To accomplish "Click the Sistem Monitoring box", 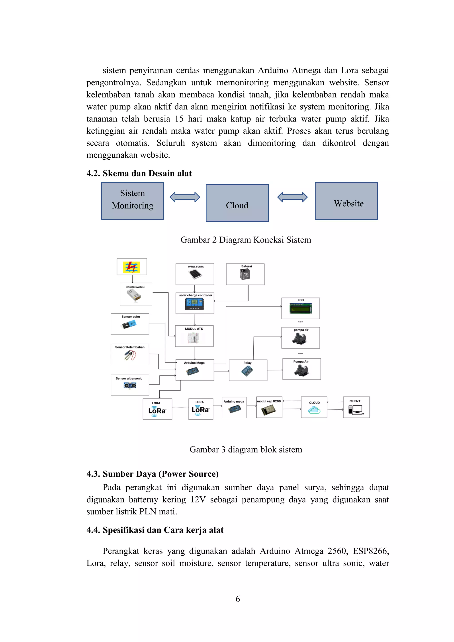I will [x=133, y=201].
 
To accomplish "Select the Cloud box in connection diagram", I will [x=237, y=203].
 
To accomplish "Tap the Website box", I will [x=346, y=201].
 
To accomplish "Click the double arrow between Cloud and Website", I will [x=292, y=197].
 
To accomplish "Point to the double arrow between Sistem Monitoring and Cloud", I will [x=185, y=197].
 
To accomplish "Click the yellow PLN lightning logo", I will [x=132, y=267].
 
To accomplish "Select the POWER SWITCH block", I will [x=136, y=294].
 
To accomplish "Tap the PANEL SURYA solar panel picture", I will [x=195, y=274].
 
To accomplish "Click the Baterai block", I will [x=245, y=274].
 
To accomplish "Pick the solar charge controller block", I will [x=195, y=303].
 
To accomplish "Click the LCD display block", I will [x=301, y=308].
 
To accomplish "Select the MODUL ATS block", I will [x=194, y=336].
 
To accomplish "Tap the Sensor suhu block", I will [x=130, y=324].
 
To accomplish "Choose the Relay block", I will [x=248, y=370].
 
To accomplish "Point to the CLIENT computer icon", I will [x=355, y=410].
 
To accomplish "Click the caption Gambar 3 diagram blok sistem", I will [x=246, y=449].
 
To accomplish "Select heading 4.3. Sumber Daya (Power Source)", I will [x=152, y=474].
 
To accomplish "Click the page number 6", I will [x=238, y=599].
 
